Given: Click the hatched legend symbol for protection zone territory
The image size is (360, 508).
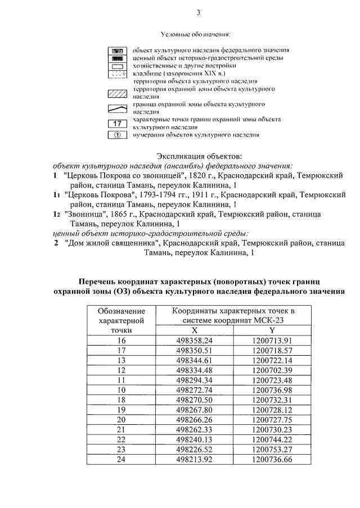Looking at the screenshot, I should (x=118, y=93).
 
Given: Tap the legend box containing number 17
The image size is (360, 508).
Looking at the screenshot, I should (x=118, y=124).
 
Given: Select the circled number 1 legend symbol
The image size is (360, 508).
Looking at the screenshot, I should (x=118, y=135).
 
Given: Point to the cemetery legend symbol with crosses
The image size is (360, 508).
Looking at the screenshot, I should (x=118, y=74).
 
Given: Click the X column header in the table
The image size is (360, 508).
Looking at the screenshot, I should (x=194, y=330).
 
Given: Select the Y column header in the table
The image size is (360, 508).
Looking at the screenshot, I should (x=272, y=330).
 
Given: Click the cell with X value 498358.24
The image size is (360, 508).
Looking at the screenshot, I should (x=194, y=341).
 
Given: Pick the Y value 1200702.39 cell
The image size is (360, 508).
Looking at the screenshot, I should (x=272, y=370).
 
